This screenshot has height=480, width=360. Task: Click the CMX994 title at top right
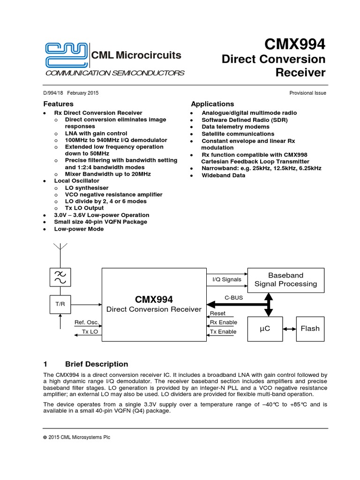click(294, 45)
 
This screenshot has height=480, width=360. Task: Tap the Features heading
click(58, 104)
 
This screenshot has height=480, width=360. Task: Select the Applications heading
click(212, 104)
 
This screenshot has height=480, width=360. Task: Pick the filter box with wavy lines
click(60, 277)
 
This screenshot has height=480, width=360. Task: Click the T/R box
click(60, 304)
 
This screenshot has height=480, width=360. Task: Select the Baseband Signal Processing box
click(285, 279)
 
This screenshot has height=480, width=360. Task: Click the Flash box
click(310, 329)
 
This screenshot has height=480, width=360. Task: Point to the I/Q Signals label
click(227, 280)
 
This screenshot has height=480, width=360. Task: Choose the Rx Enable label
click(223, 322)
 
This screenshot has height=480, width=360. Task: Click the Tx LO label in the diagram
click(90, 331)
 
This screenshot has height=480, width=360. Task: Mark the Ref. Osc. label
click(86, 322)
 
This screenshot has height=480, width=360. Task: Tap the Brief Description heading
click(96, 364)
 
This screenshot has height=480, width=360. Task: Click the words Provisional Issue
click(308, 93)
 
